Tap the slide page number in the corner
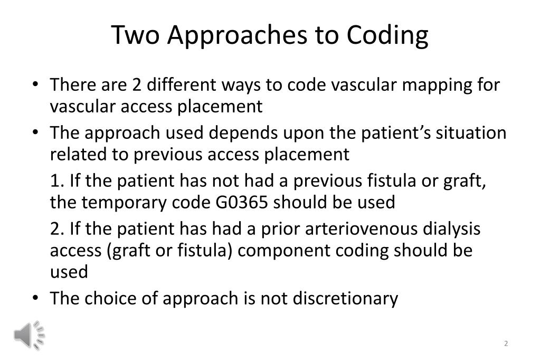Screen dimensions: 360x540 pyautogui.click(x=506, y=344)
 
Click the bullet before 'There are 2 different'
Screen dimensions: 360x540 pyautogui.click(x=35, y=85)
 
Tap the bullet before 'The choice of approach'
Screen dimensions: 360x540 pyautogui.click(x=35, y=299)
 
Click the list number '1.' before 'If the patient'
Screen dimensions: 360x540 pyautogui.click(x=57, y=181)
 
